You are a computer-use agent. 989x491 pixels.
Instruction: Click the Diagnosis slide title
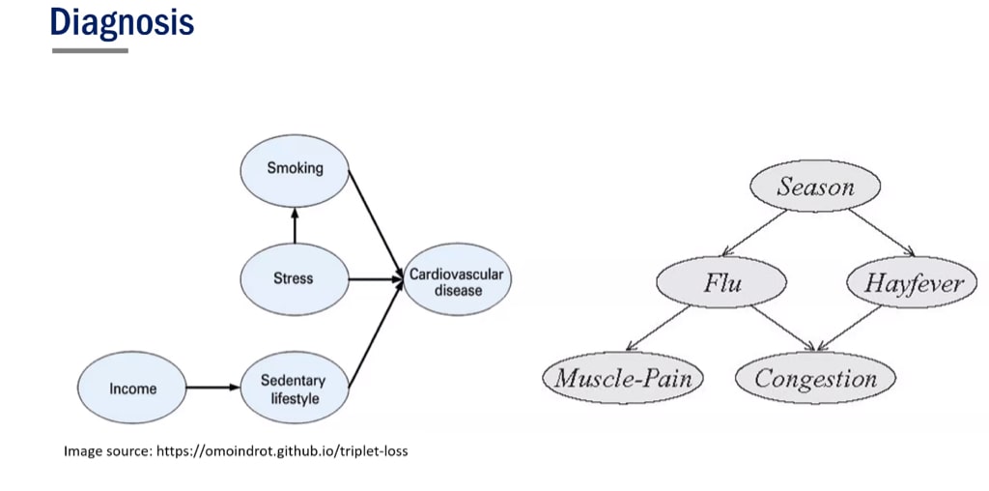pyautogui.click(x=122, y=21)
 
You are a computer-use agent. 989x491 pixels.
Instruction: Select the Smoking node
pyautogui.click(x=295, y=168)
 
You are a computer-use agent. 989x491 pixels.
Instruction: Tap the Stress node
pyautogui.click(x=294, y=278)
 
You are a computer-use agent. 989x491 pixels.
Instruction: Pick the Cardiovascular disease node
pyautogui.click(x=456, y=282)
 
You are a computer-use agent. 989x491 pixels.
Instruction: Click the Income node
pyautogui.click(x=132, y=389)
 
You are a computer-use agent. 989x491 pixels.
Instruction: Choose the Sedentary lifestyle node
pyautogui.click(x=293, y=389)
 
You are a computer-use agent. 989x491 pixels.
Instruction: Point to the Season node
pyautogui.click(x=815, y=187)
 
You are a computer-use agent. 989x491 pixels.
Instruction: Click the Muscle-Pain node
pyautogui.click(x=623, y=377)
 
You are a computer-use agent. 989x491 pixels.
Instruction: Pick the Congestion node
pyautogui.click(x=815, y=378)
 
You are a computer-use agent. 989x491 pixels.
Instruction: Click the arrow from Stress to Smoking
pyautogui.click(x=295, y=224)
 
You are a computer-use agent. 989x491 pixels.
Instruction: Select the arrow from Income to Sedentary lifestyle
pyautogui.click(x=212, y=389)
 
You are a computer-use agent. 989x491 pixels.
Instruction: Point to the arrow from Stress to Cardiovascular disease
pyautogui.click(x=376, y=279)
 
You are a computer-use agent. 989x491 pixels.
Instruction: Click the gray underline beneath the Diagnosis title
pyautogui.click(x=90, y=50)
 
